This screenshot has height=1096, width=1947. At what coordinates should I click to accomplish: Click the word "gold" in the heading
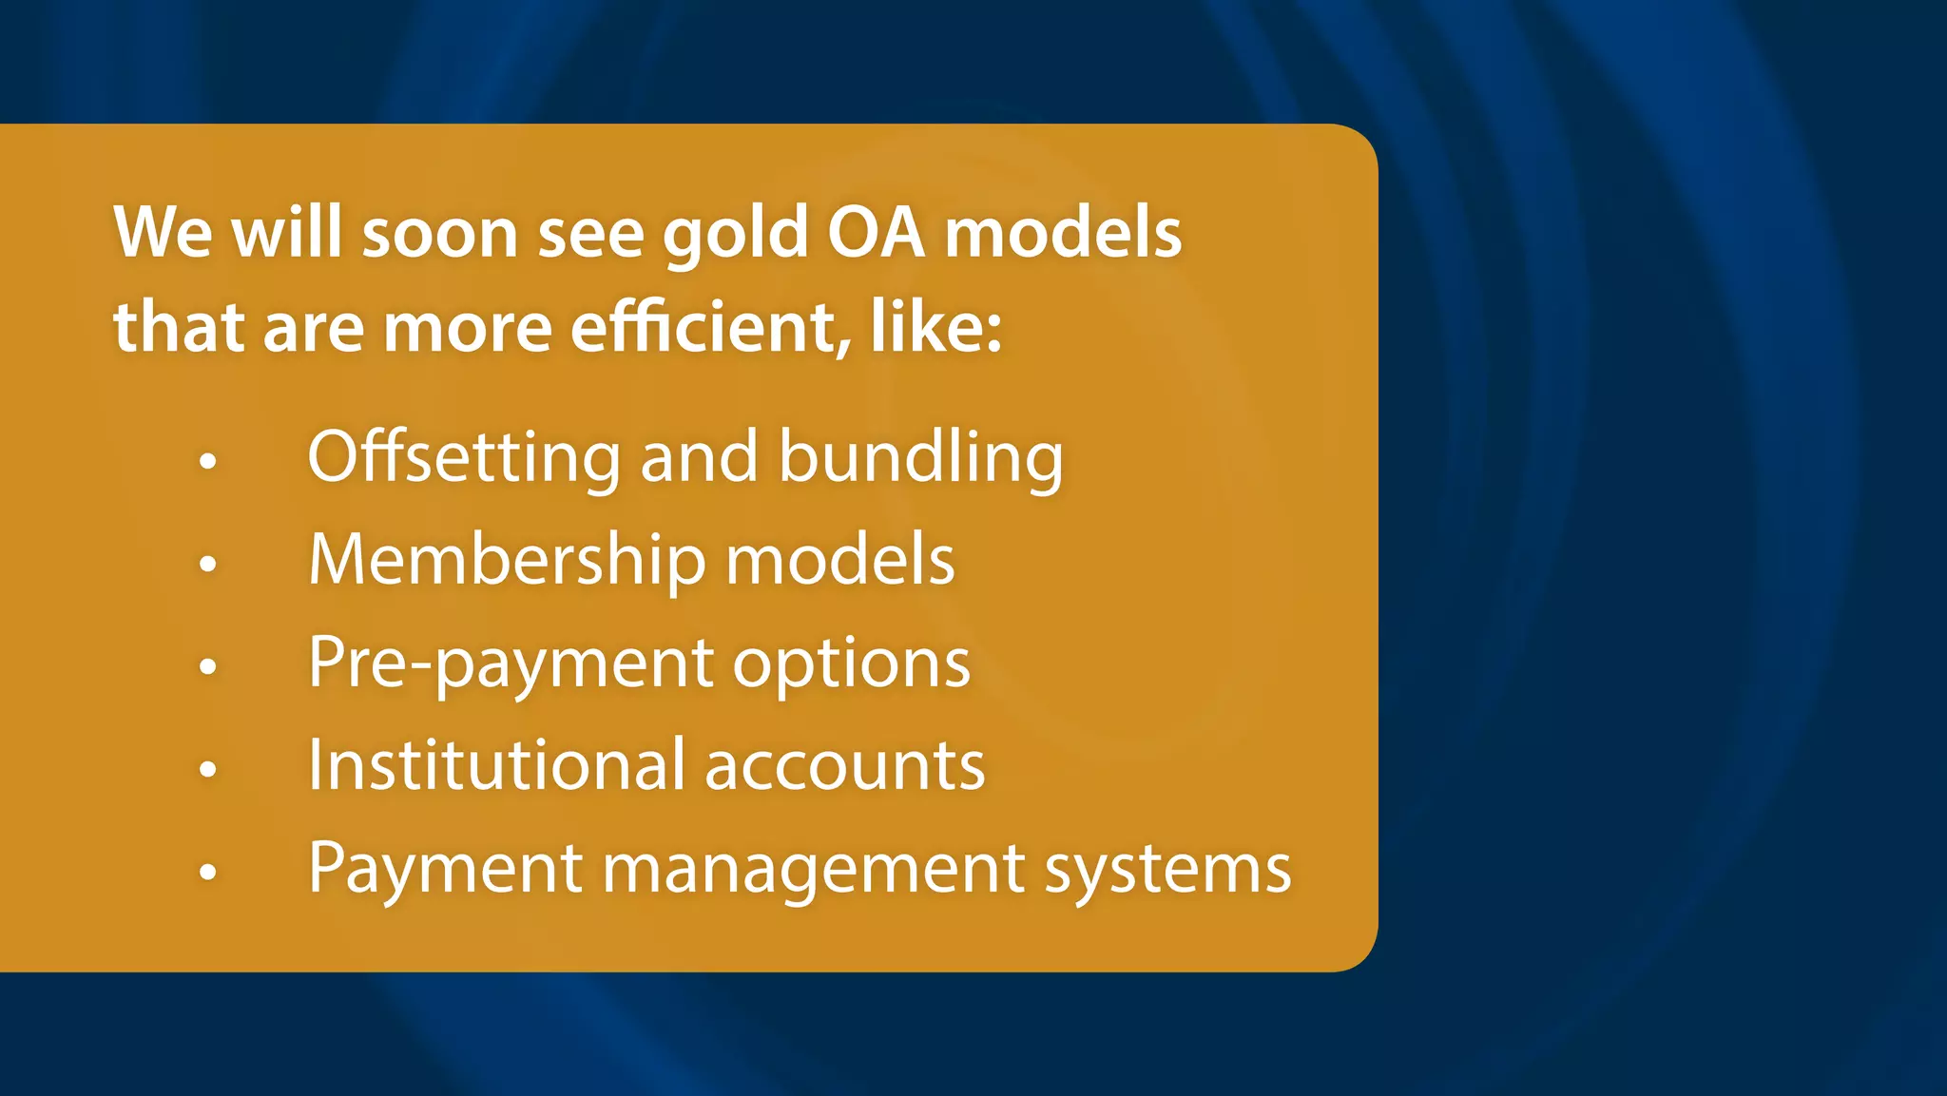pos(735,234)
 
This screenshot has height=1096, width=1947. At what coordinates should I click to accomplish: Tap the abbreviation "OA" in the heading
pos(876,232)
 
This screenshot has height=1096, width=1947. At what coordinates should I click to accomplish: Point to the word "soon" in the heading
pos(439,234)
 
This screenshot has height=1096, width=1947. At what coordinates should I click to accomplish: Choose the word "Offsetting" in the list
pos(465,457)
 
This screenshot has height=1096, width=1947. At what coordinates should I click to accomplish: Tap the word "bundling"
pos(920,457)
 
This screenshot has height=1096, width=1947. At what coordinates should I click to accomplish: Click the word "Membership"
pos(507,559)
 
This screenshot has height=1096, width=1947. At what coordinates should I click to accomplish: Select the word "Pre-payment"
pos(510,663)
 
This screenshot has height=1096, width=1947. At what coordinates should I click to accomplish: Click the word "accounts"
pos(844,766)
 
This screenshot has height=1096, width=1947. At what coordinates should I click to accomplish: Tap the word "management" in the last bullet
pos(814,869)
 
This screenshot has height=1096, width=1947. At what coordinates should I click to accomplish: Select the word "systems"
pos(1167,869)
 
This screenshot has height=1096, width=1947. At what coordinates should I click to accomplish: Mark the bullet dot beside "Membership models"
pos(208,565)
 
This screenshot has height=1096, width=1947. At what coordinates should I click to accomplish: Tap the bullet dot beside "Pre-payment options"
pos(208,666)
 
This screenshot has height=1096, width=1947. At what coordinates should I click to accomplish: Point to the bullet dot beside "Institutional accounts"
pos(208,769)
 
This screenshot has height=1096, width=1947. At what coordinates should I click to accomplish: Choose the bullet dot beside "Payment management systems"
pos(208,872)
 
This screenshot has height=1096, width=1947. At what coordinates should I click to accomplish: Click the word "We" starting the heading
pos(163,232)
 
